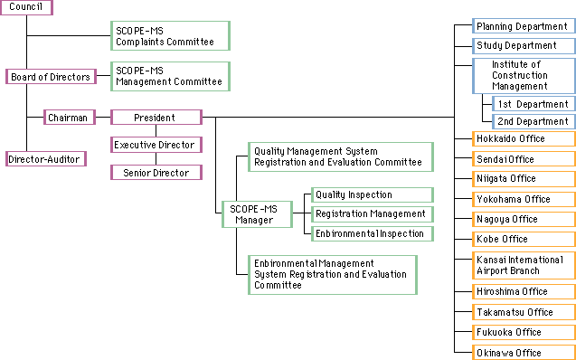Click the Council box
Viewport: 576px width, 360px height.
pyautogui.click(x=26, y=7)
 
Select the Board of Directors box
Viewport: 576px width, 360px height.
pyautogui.click(x=50, y=77)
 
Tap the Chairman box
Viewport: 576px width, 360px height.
pyautogui.click(x=68, y=118)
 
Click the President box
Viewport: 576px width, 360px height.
pyautogui.click(x=156, y=118)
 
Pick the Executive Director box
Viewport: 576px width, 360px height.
pyautogui.click(x=156, y=145)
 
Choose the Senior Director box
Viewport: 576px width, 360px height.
pyautogui.click(x=156, y=172)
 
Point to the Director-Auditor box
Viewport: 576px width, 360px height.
pyautogui.click(x=44, y=159)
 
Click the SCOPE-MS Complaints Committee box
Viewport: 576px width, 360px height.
pyautogui.click(x=170, y=36)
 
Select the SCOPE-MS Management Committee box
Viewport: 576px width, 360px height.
pyautogui.click(x=170, y=76)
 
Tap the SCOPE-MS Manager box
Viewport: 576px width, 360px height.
pyautogui.click(x=256, y=214)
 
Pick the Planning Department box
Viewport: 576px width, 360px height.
pyautogui.click(x=524, y=26)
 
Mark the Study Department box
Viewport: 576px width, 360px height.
pyautogui.click(x=524, y=45)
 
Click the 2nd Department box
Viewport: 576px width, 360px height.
pyautogui.click(x=533, y=121)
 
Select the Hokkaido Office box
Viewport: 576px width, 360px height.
pyautogui.click(x=524, y=139)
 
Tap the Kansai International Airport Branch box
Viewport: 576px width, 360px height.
pyautogui.click(x=524, y=265)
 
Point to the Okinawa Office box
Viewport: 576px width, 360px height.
pyautogui.click(x=524, y=353)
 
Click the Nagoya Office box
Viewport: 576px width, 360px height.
pyautogui.click(x=524, y=219)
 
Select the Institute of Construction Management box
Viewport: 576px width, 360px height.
pyautogui.click(x=524, y=76)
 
